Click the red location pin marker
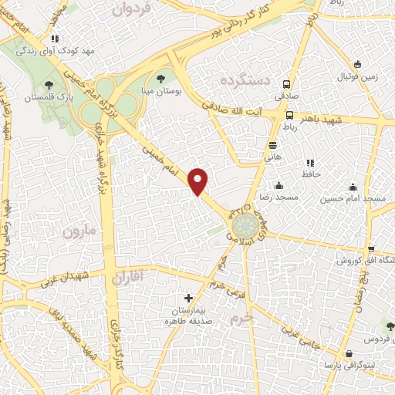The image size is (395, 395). pos(199,181)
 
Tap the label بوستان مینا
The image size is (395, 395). pos(160,92)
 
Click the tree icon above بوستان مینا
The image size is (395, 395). pos(160,79)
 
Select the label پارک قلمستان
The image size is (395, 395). pos(49,98)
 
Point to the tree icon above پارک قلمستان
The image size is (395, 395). pos(49,85)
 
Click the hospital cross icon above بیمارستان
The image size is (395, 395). pos(188,298)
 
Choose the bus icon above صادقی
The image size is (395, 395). pos(286,85)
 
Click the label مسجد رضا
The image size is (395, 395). pos(278,198)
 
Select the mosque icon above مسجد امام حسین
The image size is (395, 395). pos(353,186)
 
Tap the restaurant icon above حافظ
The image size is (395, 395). pos(310,164)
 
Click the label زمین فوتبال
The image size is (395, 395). pos(359,78)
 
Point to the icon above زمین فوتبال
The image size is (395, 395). pos(357,65)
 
